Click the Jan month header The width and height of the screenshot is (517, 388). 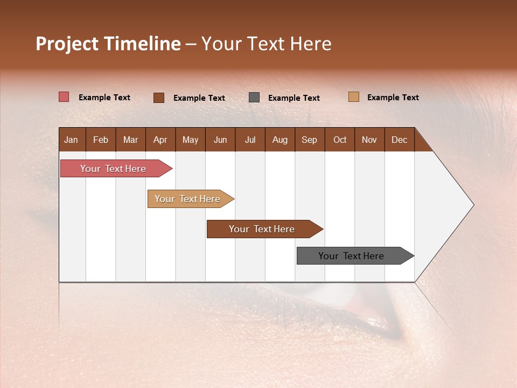point(72,140)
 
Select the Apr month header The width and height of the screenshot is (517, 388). point(160,140)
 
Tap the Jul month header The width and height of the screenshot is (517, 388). point(250,140)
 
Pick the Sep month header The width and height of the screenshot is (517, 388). point(309,140)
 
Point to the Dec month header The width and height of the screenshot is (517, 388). point(399,140)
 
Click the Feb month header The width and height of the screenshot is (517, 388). point(101,140)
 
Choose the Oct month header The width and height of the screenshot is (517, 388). point(340,140)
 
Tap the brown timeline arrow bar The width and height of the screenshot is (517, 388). point(262,229)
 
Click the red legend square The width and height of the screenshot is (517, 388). point(64,97)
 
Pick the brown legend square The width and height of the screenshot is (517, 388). point(158,98)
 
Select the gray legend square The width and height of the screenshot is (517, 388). point(254,97)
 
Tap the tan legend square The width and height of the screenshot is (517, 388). point(354,97)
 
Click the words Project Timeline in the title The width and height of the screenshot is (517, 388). point(108,44)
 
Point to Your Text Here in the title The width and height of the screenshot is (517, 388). point(266,44)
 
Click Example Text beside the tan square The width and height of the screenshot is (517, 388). point(393,98)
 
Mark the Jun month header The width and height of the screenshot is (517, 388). point(220,140)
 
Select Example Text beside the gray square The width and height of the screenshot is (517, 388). point(294,98)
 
